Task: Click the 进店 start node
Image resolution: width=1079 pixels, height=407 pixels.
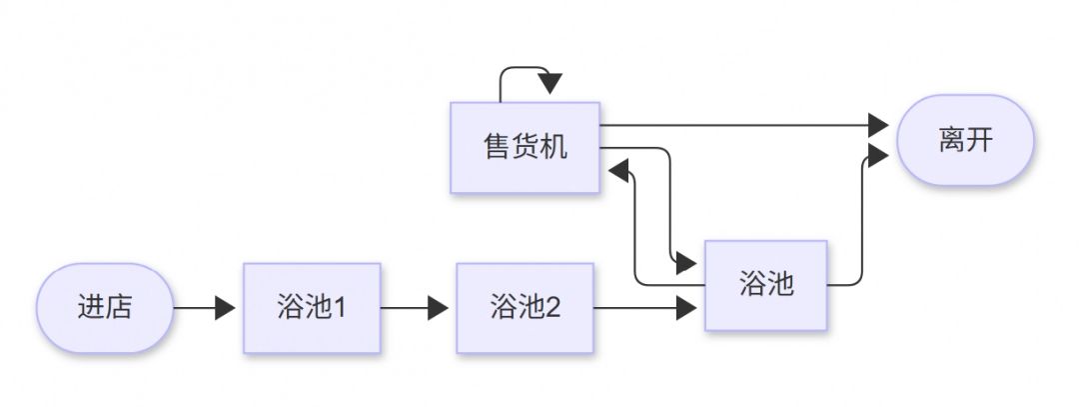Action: (x=104, y=308)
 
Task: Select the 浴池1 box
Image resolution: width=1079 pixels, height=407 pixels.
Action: (x=312, y=308)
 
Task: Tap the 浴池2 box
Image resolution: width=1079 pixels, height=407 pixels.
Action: (x=525, y=308)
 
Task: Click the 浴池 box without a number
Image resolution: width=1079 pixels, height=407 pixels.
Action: (x=765, y=285)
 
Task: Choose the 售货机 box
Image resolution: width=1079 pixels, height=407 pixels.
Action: (x=525, y=147)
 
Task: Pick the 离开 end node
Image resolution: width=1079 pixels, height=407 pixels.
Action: (x=965, y=140)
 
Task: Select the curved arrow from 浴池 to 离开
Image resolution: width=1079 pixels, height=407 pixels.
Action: (x=859, y=220)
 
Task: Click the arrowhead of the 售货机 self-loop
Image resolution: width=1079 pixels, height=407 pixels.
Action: (x=550, y=84)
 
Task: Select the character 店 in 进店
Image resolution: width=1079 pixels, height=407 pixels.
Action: (x=118, y=308)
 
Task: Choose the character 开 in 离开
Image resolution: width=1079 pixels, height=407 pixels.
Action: (x=980, y=140)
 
